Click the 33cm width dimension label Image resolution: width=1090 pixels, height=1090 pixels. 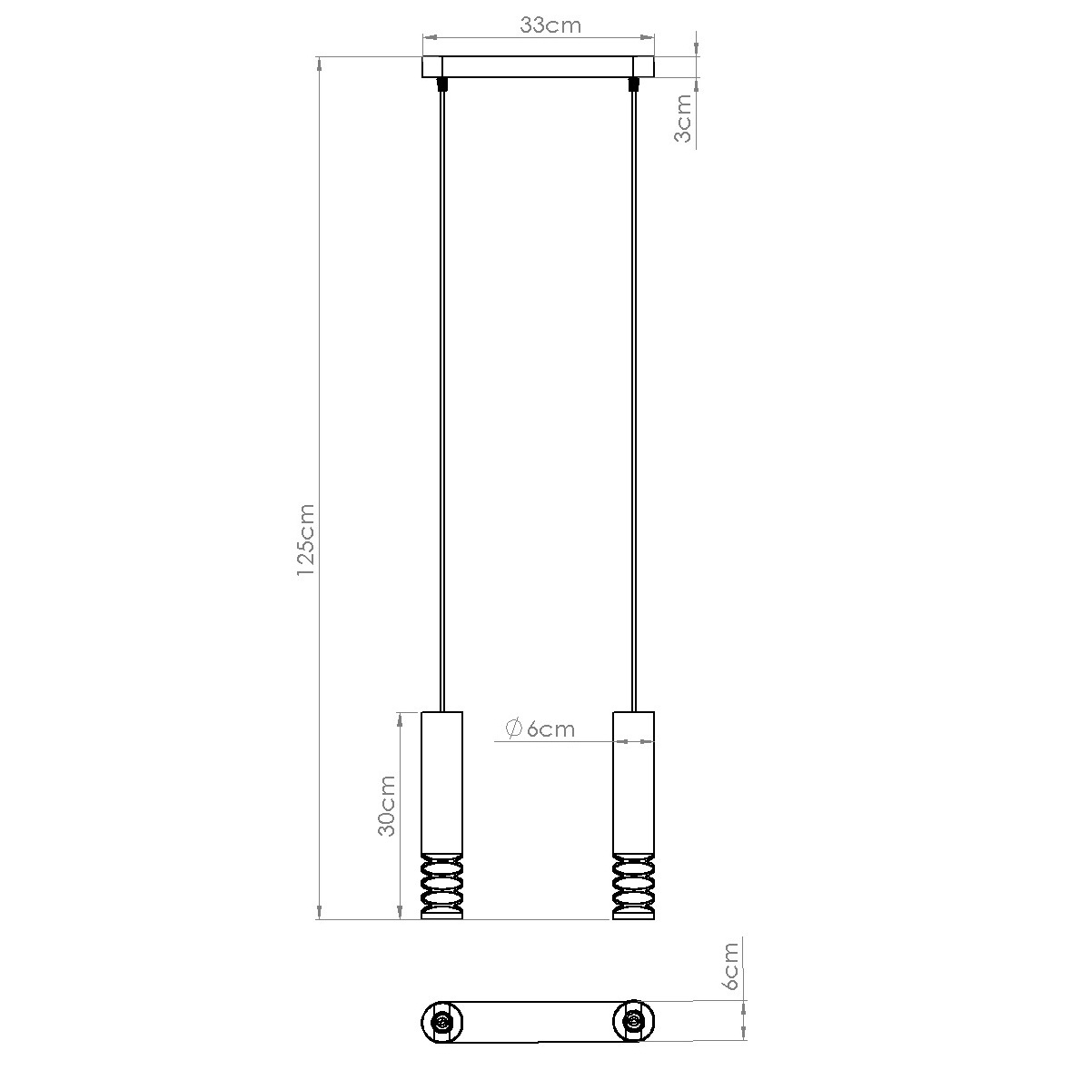point(550,25)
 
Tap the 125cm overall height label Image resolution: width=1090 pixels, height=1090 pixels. point(305,540)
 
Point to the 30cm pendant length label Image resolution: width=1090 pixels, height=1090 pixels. point(386,806)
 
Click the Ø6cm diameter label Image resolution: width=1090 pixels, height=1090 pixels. point(539,728)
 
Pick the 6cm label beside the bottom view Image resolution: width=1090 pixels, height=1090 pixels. point(730,966)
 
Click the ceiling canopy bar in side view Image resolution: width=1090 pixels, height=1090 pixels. point(539,68)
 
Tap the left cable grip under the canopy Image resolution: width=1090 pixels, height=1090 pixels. point(442,84)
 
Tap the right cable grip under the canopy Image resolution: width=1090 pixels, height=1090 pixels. point(633,84)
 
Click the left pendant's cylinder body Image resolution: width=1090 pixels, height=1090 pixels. point(442,781)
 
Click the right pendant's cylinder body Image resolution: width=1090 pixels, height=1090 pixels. point(633,781)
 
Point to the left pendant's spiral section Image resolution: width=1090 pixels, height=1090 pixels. point(442,887)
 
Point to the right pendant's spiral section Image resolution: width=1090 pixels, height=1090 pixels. point(633,887)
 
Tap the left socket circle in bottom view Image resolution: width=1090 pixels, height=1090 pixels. point(442,1023)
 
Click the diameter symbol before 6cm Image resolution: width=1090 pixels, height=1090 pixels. point(511,728)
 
